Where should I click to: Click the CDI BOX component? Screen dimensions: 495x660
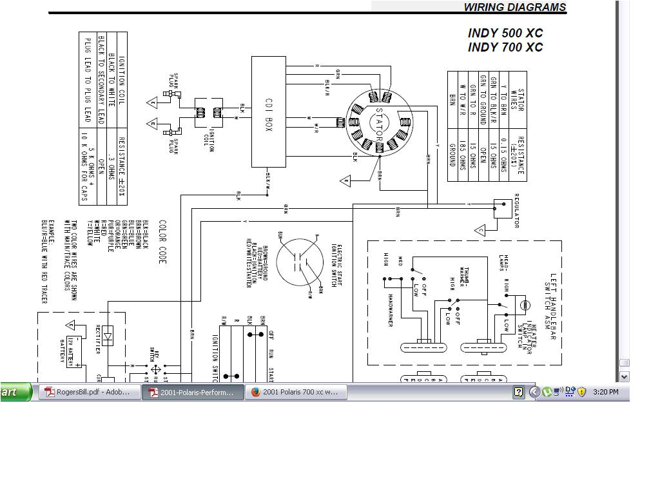point(268,112)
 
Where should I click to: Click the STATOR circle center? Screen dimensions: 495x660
point(379,122)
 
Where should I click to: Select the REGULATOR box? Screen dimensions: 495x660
point(503,208)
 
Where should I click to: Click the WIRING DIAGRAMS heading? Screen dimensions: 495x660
point(514,8)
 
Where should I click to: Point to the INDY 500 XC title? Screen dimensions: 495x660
point(505,33)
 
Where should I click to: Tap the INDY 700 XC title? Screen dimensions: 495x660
point(505,47)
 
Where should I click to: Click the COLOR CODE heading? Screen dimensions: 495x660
point(162,242)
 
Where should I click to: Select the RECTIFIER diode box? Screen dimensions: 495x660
point(108,335)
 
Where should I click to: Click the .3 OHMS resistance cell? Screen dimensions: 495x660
point(110,157)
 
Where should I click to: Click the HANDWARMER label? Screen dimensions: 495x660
point(391,311)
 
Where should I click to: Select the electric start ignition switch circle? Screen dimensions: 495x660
point(300,261)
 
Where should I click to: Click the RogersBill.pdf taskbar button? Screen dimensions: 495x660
point(90,392)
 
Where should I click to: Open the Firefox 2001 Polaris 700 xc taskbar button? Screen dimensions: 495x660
point(296,392)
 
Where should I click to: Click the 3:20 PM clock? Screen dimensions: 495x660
point(605,392)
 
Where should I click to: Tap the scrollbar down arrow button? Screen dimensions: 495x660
point(623,376)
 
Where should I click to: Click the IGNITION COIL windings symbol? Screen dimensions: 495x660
point(209,112)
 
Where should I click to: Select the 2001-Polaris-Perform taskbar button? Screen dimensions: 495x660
point(193,392)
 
